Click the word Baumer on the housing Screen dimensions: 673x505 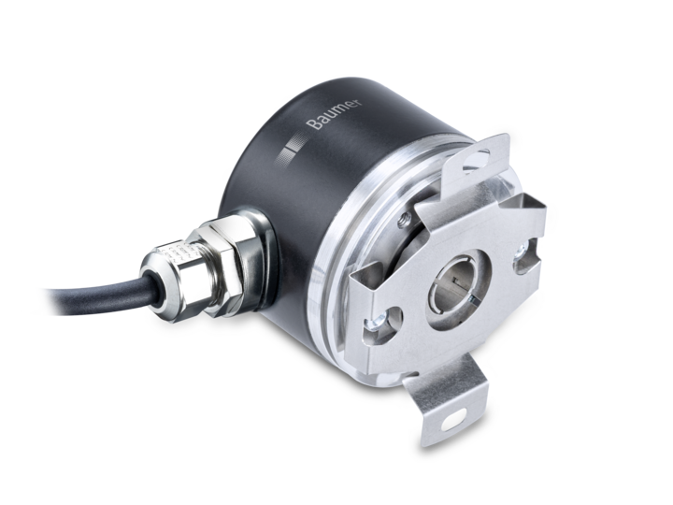point(335,114)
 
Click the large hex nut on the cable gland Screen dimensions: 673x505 point(219,267)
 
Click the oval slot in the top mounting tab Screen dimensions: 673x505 point(477,161)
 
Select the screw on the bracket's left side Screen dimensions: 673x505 point(378,321)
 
